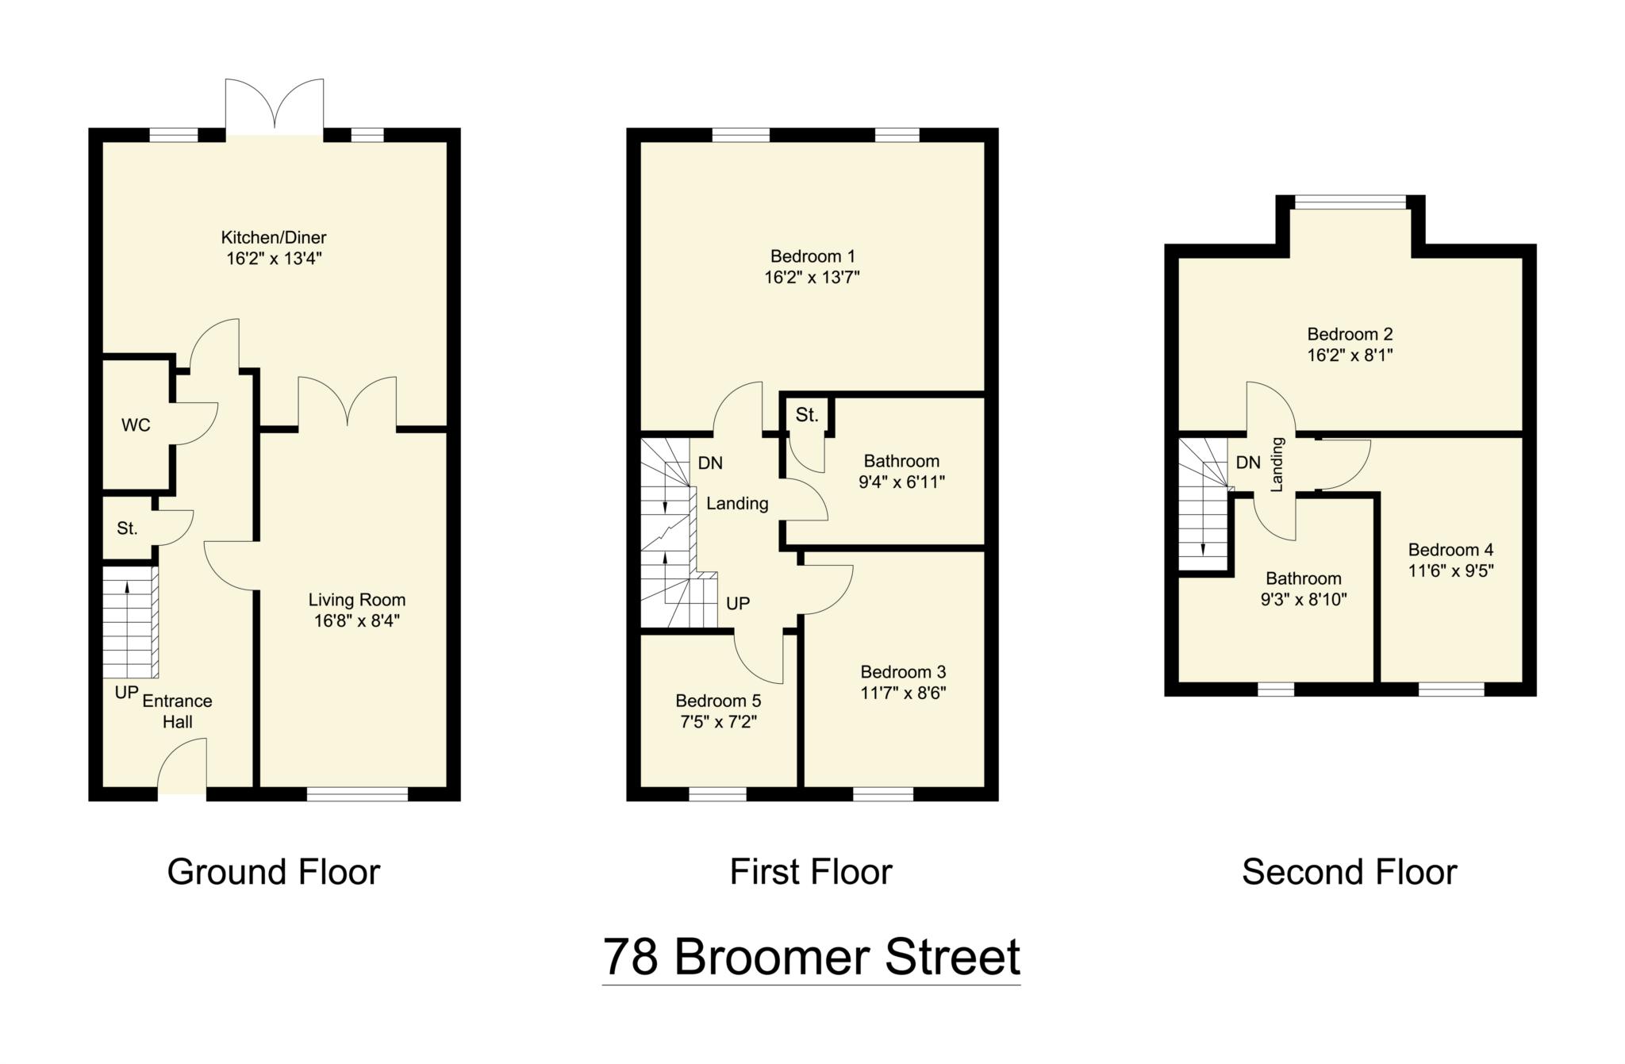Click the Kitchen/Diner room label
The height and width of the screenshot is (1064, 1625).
[274, 237]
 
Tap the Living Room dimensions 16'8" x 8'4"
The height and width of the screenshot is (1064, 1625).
[357, 620]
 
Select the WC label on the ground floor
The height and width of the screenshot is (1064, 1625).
[136, 425]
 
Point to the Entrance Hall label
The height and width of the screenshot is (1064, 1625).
[177, 711]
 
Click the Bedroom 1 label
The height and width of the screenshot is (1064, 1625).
[812, 256]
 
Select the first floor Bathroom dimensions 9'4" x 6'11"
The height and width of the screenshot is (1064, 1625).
[902, 482]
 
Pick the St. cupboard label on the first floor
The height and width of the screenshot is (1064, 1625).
[807, 414]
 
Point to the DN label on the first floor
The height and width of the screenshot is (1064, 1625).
[710, 463]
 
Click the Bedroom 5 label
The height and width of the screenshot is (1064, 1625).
[718, 701]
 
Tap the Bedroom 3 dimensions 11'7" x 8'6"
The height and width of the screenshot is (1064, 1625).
[903, 693]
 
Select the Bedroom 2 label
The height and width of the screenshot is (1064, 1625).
[1350, 334]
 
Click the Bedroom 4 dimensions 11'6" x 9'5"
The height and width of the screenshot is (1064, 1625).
[1451, 570]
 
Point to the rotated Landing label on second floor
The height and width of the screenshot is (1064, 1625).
[1277, 464]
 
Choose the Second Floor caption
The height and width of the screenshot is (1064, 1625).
[1349, 872]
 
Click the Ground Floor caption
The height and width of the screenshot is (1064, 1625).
[274, 872]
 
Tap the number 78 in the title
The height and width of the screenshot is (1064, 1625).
[631, 956]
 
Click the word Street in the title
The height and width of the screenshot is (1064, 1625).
[952, 956]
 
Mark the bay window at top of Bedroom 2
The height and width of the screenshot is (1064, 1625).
[1350, 203]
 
